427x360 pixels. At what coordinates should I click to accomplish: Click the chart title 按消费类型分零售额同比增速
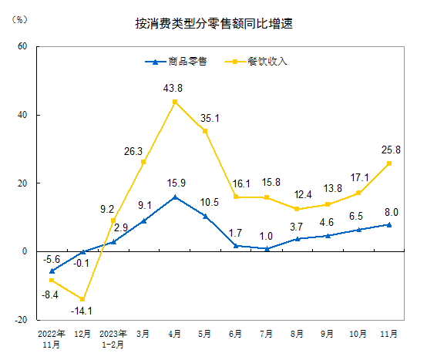(x=213, y=24)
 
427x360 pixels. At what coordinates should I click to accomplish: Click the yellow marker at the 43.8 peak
(x=175, y=102)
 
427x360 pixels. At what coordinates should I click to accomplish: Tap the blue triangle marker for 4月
(x=175, y=197)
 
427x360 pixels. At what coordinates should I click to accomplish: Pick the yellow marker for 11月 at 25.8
(x=389, y=163)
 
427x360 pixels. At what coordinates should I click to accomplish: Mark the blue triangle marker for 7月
(x=267, y=248)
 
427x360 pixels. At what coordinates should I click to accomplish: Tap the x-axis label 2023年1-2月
(x=113, y=339)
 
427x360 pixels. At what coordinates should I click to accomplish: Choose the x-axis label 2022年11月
(x=52, y=339)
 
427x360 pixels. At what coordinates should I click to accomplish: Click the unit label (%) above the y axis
(x=20, y=19)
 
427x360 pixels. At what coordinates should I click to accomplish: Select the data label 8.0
(x=391, y=212)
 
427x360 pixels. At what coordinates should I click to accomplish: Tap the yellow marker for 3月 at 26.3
(x=144, y=162)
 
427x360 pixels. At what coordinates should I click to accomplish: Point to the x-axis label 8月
(x=298, y=335)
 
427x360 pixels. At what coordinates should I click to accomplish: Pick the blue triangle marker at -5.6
(x=52, y=271)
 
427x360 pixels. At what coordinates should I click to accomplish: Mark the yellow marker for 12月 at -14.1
(x=82, y=299)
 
